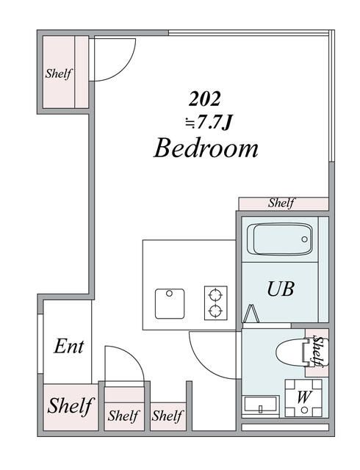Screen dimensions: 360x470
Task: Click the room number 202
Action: (204, 99)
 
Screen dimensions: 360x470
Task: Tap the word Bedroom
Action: (206, 148)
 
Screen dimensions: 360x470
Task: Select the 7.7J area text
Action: (209, 123)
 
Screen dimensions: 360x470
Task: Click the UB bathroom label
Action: (281, 289)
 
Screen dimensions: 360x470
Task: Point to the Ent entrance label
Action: (69, 346)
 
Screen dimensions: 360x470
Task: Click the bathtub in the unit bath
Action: (280, 239)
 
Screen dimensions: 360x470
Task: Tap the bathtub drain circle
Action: (304, 239)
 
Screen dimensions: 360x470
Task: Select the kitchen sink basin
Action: (170, 303)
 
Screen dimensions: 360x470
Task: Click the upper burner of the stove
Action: (215, 295)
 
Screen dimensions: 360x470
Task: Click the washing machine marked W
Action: (303, 398)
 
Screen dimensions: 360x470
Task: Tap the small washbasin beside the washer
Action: (260, 405)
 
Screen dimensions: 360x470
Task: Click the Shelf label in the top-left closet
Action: (59, 73)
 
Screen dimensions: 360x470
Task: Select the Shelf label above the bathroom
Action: (281, 203)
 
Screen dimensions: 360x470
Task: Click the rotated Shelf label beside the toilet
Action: (318, 351)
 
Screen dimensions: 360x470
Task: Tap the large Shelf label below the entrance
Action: (71, 406)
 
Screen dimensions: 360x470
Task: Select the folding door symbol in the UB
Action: (252, 314)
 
